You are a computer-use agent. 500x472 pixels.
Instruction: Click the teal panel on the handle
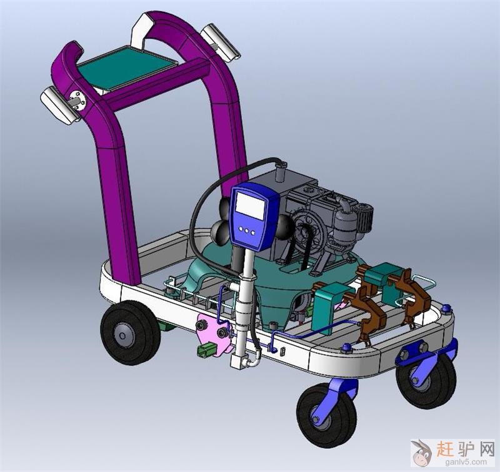tap(127, 67)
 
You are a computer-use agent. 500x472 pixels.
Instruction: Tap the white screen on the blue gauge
tap(251, 206)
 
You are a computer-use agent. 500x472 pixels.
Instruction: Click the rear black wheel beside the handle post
tap(131, 333)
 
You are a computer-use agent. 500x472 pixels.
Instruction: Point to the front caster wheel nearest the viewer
tap(327, 415)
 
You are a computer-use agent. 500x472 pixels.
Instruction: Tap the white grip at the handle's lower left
tap(61, 105)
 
